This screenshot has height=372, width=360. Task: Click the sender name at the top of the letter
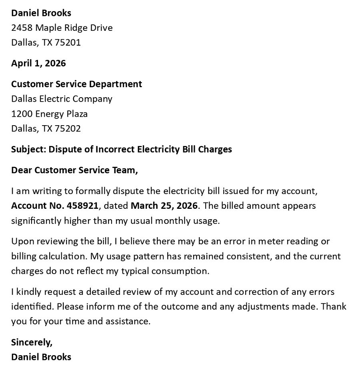(x=41, y=13)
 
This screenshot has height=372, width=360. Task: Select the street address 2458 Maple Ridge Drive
(x=62, y=28)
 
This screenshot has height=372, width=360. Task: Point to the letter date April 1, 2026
(x=38, y=63)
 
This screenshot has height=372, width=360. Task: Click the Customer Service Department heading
(x=76, y=84)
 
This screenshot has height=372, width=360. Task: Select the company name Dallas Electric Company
(x=62, y=99)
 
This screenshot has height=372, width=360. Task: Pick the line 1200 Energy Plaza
(x=49, y=114)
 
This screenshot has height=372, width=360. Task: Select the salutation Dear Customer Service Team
(x=74, y=170)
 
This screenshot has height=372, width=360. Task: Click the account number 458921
(x=82, y=206)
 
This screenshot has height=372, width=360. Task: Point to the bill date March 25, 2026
(x=164, y=206)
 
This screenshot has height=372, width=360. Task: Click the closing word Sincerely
(x=32, y=342)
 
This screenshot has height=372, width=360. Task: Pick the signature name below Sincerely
(x=41, y=357)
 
